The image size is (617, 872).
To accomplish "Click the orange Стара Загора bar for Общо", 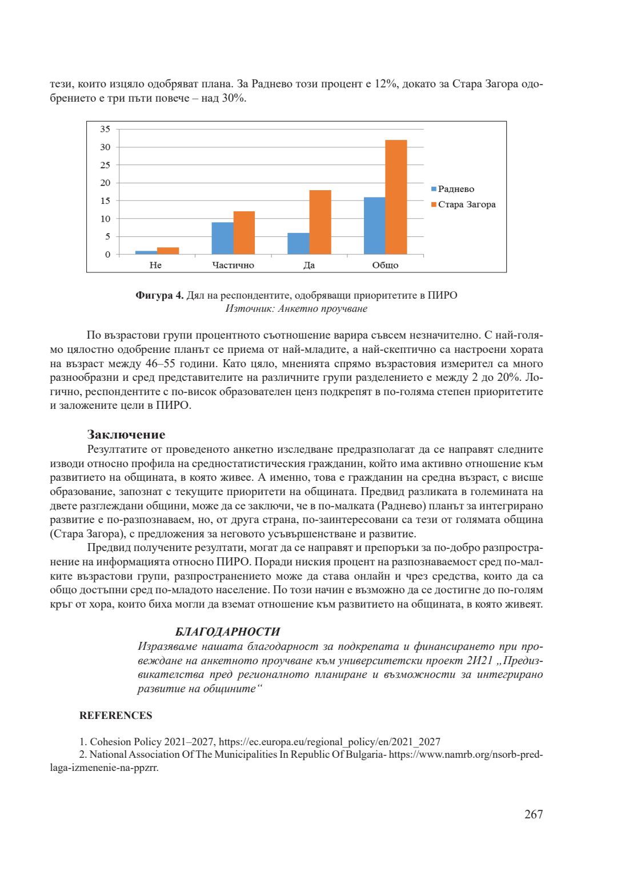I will tap(396, 197).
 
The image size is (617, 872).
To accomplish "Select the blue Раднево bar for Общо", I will tap(374, 226).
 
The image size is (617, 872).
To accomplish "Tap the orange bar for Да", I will tap(320, 222).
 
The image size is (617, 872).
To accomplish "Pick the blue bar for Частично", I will tap(222, 238).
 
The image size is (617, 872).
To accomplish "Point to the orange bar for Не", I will tap(168, 251).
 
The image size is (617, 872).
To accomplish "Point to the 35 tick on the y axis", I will tap(105, 129).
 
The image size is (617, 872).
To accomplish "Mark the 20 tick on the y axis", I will tap(105, 183).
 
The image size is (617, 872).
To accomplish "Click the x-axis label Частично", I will tap(233, 265).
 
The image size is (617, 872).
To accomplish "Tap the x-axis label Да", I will tap(309, 265).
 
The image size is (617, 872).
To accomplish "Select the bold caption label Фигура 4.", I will tap(159, 295).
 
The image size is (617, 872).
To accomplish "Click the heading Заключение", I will tap(126, 435).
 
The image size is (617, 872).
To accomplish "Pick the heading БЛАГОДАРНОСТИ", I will tap(227, 632).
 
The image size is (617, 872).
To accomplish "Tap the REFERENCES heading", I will tap(115, 716).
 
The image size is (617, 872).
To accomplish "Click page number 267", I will tap(534, 814).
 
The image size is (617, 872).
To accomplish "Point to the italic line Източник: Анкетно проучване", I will tap(297, 309).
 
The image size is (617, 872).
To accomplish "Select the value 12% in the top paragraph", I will tap(386, 84).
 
